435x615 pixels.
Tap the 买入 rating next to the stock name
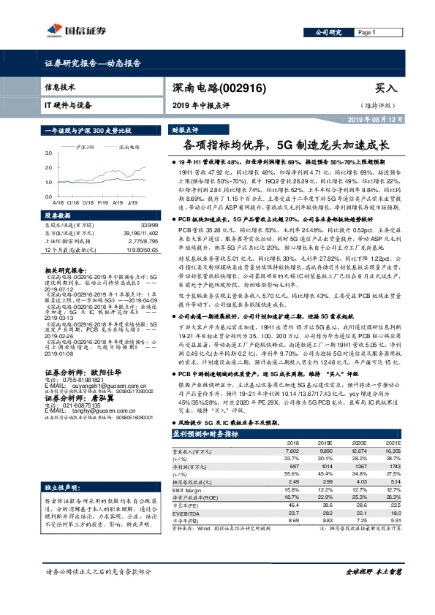coord(386,88)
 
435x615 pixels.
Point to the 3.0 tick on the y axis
coord(48,153)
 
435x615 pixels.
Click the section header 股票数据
coord(59,216)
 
